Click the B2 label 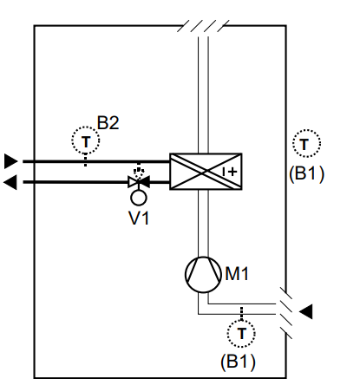click(x=108, y=122)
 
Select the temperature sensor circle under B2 click(x=86, y=127)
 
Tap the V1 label click(x=139, y=218)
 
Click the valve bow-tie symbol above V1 click(x=139, y=182)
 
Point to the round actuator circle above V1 click(x=139, y=191)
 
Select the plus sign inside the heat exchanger click(x=232, y=172)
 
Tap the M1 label click(x=237, y=273)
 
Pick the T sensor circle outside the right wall click(x=306, y=130)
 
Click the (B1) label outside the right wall click(x=306, y=173)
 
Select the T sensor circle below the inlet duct click(x=241, y=320)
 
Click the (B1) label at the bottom click(x=238, y=362)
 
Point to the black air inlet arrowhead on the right click(x=305, y=311)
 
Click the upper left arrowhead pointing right click(x=11, y=161)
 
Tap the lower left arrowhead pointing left click(x=10, y=182)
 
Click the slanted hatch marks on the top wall click(x=203, y=26)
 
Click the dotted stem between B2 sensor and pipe click(x=86, y=160)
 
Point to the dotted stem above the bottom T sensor click(x=241, y=313)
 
